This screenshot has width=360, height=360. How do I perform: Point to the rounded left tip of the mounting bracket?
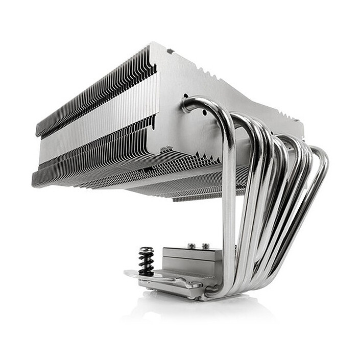(x=128, y=274)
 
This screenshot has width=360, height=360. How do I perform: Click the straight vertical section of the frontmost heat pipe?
(x=228, y=204)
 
